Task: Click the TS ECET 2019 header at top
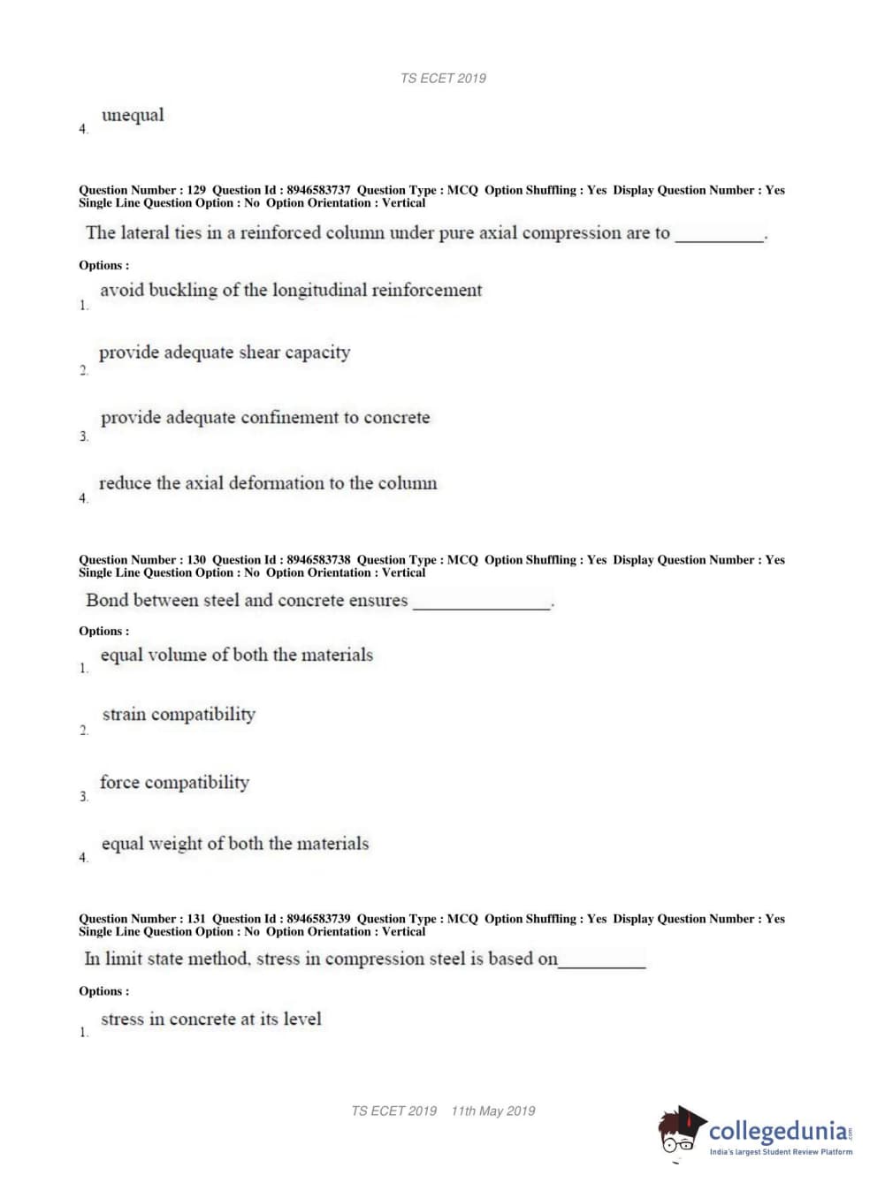click(443, 79)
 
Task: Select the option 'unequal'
click(133, 115)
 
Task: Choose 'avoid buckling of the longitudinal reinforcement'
click(291, 290)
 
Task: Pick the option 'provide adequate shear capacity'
click(225, 353)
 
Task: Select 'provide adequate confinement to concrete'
click(265, 417)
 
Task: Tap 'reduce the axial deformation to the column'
click(268, 483)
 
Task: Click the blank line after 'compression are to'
click(720, 236)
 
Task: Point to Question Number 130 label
click(142, 560)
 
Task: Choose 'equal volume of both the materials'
click(237, 655)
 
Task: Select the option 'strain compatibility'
click(179, 714)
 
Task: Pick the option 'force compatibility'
click(175, 782)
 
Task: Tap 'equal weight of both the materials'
click(235, 844)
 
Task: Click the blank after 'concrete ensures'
click(482, 603)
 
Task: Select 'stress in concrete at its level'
click(211, 1019)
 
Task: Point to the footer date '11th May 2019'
click(492, 1111)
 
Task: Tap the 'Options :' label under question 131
click(103, 991)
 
